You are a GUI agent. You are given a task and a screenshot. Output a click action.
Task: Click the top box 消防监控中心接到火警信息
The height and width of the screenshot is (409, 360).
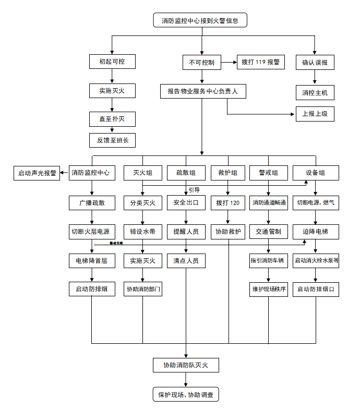[x=200, y=21]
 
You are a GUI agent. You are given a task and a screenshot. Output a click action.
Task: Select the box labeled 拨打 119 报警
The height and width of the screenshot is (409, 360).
[x=260, y=62]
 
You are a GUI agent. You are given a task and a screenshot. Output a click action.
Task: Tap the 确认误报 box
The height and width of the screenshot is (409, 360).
[x=315, y=62]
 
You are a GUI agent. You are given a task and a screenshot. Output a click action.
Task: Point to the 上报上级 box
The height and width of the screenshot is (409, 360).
[x=315, y=114]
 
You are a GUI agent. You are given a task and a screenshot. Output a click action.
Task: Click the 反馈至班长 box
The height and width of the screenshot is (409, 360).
[x=112, y=140]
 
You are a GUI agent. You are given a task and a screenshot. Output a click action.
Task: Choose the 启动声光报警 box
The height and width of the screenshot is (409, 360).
[x=37, y=173]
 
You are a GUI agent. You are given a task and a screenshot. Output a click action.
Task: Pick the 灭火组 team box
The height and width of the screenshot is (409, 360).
[x=143, y=173]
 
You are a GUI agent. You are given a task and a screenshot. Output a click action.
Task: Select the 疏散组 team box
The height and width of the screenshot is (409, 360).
[x=186, y=173]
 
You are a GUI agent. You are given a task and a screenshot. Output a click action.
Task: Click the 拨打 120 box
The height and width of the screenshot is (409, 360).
[x=228, y=203]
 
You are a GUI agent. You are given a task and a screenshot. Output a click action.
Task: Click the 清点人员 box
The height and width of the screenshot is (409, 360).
[x=186, y=260]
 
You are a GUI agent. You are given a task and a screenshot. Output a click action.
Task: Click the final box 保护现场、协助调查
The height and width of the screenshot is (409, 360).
[x=186, y=395]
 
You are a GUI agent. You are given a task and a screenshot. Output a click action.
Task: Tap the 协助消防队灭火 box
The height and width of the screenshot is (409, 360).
[x=186, y=365]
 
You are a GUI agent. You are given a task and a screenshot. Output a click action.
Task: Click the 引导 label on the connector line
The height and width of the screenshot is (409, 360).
[x=194, y=190]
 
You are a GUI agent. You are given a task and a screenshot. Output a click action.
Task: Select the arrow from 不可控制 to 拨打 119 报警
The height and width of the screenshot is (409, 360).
[x=228, y=62]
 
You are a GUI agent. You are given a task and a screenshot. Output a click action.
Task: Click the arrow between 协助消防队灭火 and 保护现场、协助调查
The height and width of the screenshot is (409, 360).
[x=186, y=380]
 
